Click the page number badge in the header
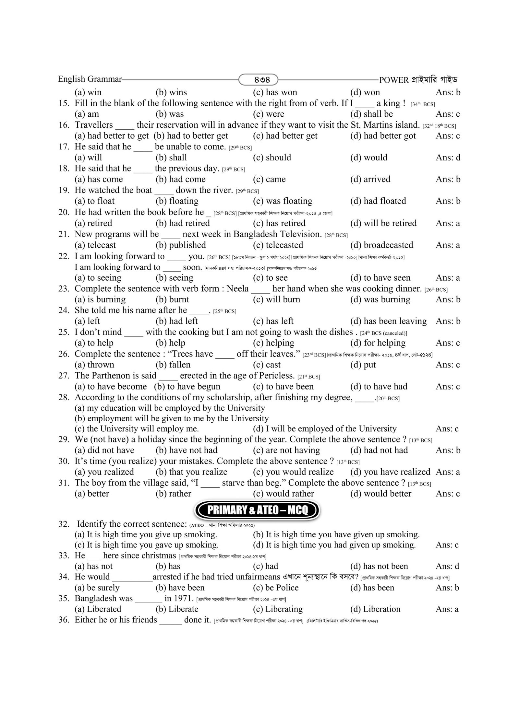coord(258,79)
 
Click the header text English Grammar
coord(90,79)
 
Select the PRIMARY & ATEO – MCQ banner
coord(257,510)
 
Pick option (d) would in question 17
coord(369,158)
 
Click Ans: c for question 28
coord(447,429)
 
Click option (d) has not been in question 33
coord(379,566)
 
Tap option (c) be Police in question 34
coord(275,588)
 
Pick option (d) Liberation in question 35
coord(375,609)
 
